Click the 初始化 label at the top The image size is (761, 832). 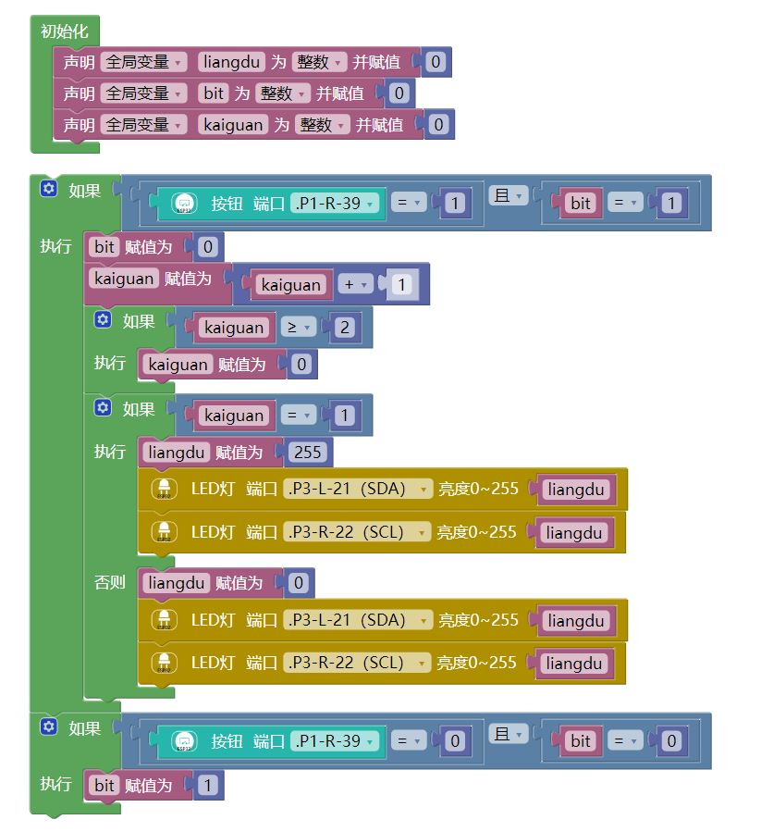tap(64, 31)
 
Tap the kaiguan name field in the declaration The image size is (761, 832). tap(233, 124)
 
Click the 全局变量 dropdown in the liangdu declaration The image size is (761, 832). tap(143, 62)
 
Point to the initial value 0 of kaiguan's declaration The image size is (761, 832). tap(438, 124)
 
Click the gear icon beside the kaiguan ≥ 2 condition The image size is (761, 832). tap(104, 320)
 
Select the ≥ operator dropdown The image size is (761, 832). tap(299, 328)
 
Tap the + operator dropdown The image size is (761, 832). tap(355, 285)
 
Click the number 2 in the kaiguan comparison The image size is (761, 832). tap(344, 328)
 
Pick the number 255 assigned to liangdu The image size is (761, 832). tap(306, 453)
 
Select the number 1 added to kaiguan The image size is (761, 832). tap(400, 285)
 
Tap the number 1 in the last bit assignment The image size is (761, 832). tap(207, 786)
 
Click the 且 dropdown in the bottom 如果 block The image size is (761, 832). tap(508, 734)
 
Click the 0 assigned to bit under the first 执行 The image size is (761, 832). tap(207, 247)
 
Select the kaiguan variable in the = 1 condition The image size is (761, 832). tap(234, 416)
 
